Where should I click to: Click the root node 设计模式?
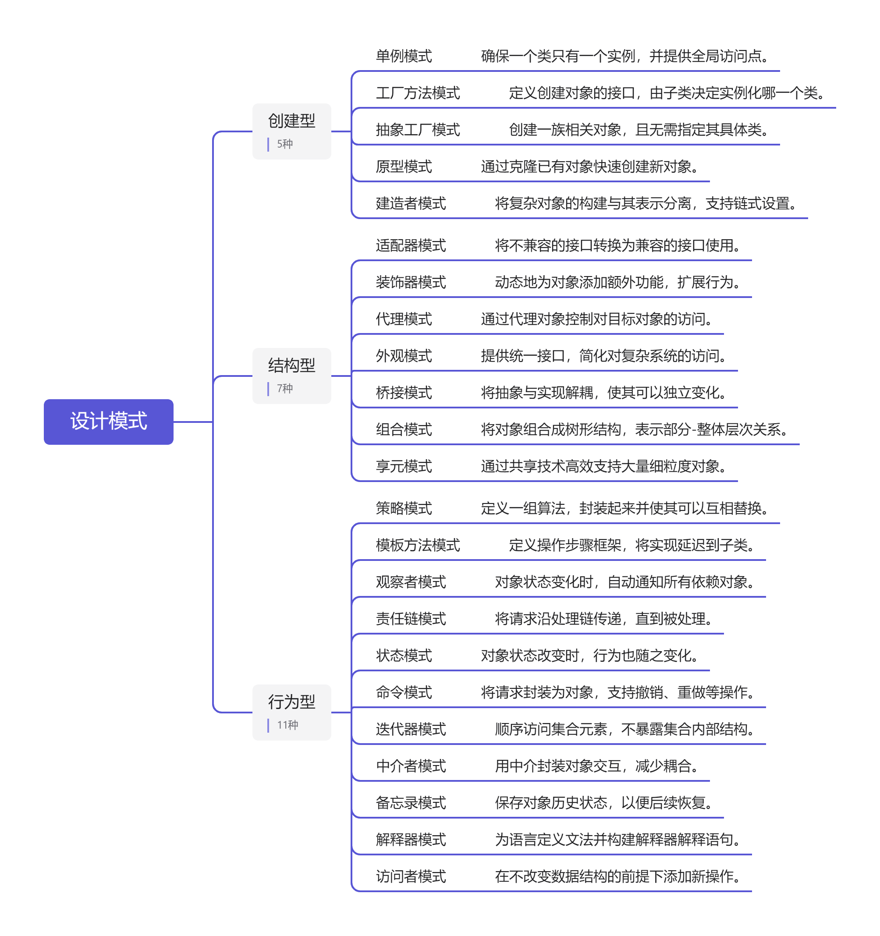coord(108,421)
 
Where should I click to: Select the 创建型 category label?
coord(291,121)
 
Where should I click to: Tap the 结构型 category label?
coord(291,365)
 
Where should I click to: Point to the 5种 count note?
coord(284,144)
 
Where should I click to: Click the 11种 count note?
coord(287,725)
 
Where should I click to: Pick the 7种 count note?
coord(284,388)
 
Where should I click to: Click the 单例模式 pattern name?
coord(404,56)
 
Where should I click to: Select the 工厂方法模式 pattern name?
coord(418,93)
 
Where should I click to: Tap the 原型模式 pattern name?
coord(404,166)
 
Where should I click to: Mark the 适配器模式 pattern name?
coord(411,245)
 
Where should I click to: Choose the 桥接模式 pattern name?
coord(404,392)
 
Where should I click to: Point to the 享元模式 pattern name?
coord(404,466)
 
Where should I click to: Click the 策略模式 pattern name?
coord(404,508)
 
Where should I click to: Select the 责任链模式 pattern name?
coord(411,618)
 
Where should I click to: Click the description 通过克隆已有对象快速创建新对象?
coord(589,166)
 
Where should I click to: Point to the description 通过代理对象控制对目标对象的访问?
coord(596,319)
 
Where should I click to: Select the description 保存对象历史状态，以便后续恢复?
coord(603,802)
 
